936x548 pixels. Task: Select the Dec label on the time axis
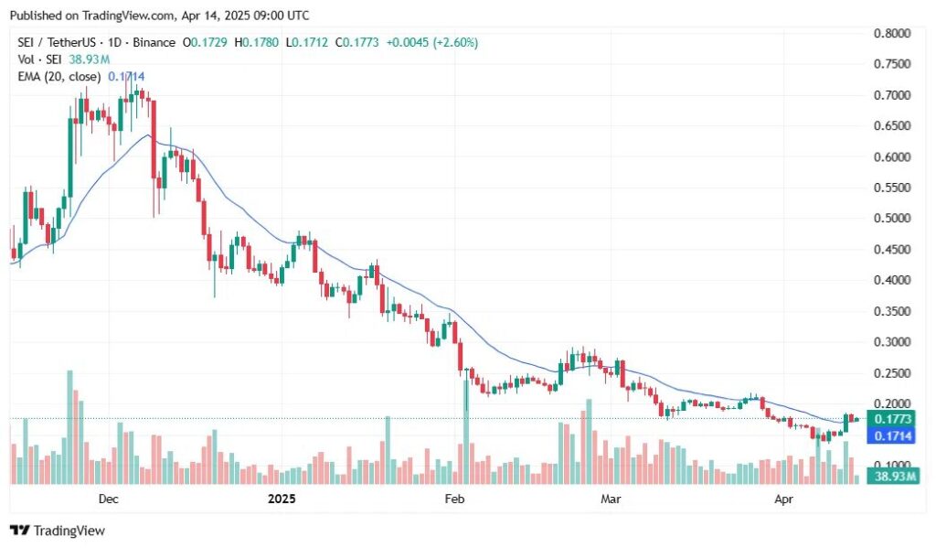point(108,499)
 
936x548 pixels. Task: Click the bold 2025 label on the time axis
point(282,499)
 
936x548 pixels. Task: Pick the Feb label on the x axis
point(454,499)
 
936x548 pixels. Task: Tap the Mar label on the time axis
point(611,499)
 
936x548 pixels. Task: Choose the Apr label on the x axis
point(783,499)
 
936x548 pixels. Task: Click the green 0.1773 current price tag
point(893,419)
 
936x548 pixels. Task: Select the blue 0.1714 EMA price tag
point(893,436)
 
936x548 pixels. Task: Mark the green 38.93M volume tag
point(893,478)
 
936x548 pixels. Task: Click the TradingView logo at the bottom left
point(57,531)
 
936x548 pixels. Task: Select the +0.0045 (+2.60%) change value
point(431,43)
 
